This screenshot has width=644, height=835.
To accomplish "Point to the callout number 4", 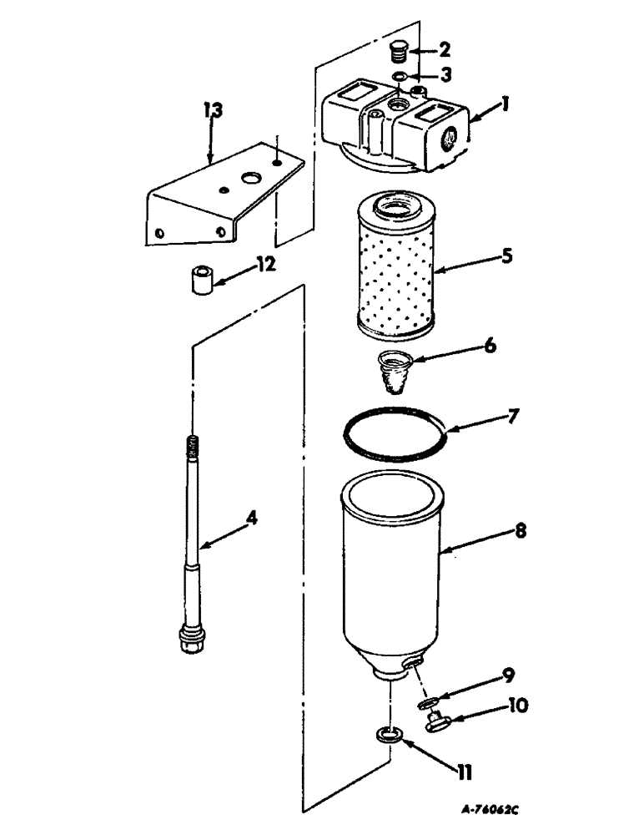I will tap(250, 519).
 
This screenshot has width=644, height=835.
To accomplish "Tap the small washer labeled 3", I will tap(401, 78).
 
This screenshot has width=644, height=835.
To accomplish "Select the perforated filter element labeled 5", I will tap(390, 267).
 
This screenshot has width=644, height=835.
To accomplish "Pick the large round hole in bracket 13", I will tap(249, 178).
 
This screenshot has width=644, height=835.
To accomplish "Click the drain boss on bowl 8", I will tap(410, 663).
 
